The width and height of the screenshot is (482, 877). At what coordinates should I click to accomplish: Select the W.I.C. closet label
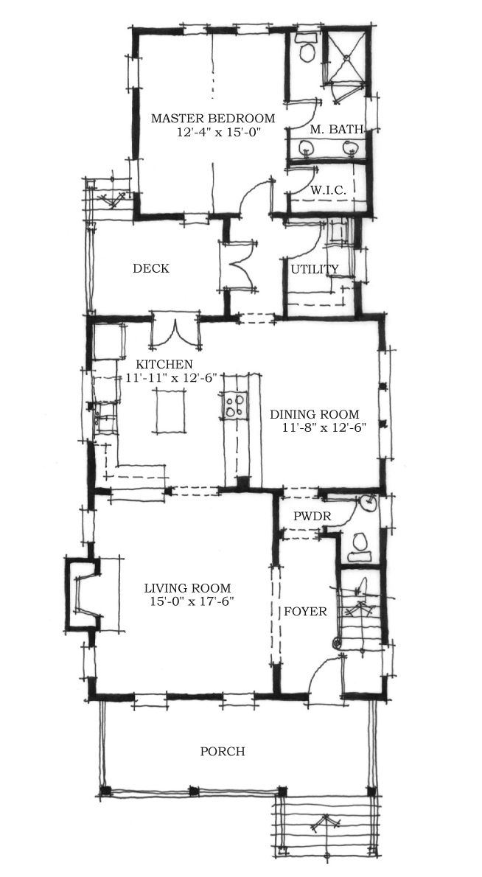pos(328,190)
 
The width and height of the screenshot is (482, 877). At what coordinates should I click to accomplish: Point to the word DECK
pos(151,268)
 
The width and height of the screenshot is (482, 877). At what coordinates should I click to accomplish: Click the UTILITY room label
pos(314,270)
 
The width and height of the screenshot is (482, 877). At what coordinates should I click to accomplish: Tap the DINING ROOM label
pos(314,414)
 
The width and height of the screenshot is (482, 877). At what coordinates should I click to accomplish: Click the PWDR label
pos(312,517)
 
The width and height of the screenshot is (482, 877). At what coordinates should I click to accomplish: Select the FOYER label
pos(305,612)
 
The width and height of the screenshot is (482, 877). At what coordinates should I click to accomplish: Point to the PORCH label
pos(223,751)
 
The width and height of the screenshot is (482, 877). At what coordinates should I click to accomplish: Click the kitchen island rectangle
pos(170,411)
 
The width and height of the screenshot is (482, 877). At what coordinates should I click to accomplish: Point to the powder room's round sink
pos(368,503)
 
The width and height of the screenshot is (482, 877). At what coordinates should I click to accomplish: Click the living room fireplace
pos(83,593)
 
